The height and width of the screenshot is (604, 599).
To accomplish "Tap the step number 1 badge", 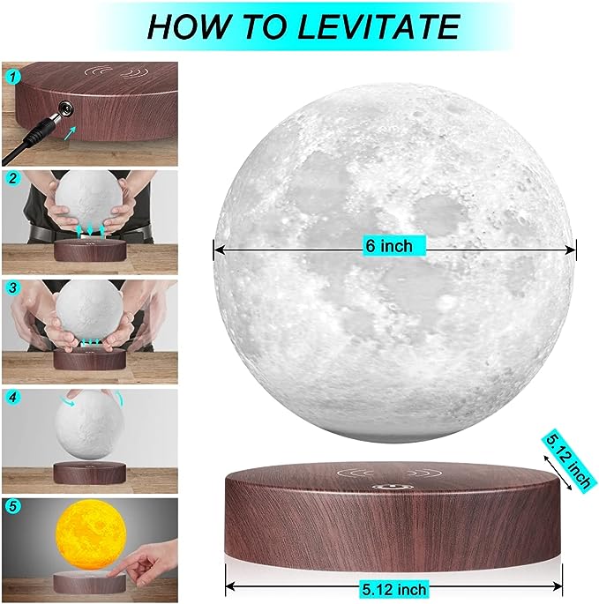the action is click(x=13, y=78).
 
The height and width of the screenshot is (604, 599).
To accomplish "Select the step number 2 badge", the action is click(x=13, y=179).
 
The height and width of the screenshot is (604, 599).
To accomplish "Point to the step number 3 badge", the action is click(x=13, y=287).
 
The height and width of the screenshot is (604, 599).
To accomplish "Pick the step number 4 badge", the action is click(x=13, y=397).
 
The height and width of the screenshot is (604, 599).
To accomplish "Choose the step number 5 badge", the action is click(x=13, y=506).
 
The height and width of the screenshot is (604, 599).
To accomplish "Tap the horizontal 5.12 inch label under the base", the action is click(x=394, y=589).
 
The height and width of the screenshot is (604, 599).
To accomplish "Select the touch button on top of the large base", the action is click(x=393, y=487).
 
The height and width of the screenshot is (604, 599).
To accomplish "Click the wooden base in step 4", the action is click(x=90, y=473).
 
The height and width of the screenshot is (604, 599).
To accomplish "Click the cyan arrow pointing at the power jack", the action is click(x=70, y=134).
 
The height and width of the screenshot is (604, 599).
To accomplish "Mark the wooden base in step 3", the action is click(x=90, y=360).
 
